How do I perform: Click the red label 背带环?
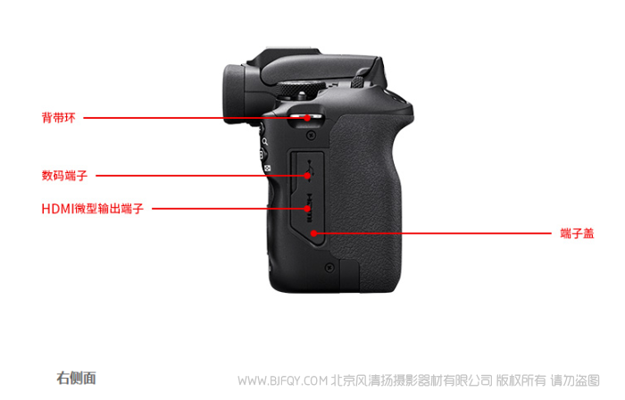(59, 118)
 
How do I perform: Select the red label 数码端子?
(64, 175)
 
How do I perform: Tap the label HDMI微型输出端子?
(93, 208)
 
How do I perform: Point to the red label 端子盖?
(577, 233)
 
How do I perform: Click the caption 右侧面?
(76, 378)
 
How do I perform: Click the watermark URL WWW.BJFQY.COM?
(282, 381)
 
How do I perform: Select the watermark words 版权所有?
(521, 380)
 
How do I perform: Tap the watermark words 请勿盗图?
(575, 380)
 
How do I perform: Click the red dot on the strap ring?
(307, 118)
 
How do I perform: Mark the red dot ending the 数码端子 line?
(307, 175)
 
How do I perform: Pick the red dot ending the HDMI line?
(307, 208)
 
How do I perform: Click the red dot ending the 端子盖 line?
(314, 233)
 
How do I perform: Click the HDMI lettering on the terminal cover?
(309, 207)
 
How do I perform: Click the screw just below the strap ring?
(311, 136)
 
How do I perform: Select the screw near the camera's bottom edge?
(329, 267)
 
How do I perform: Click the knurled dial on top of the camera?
(300, 88)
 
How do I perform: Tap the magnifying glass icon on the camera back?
(264, 141)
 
